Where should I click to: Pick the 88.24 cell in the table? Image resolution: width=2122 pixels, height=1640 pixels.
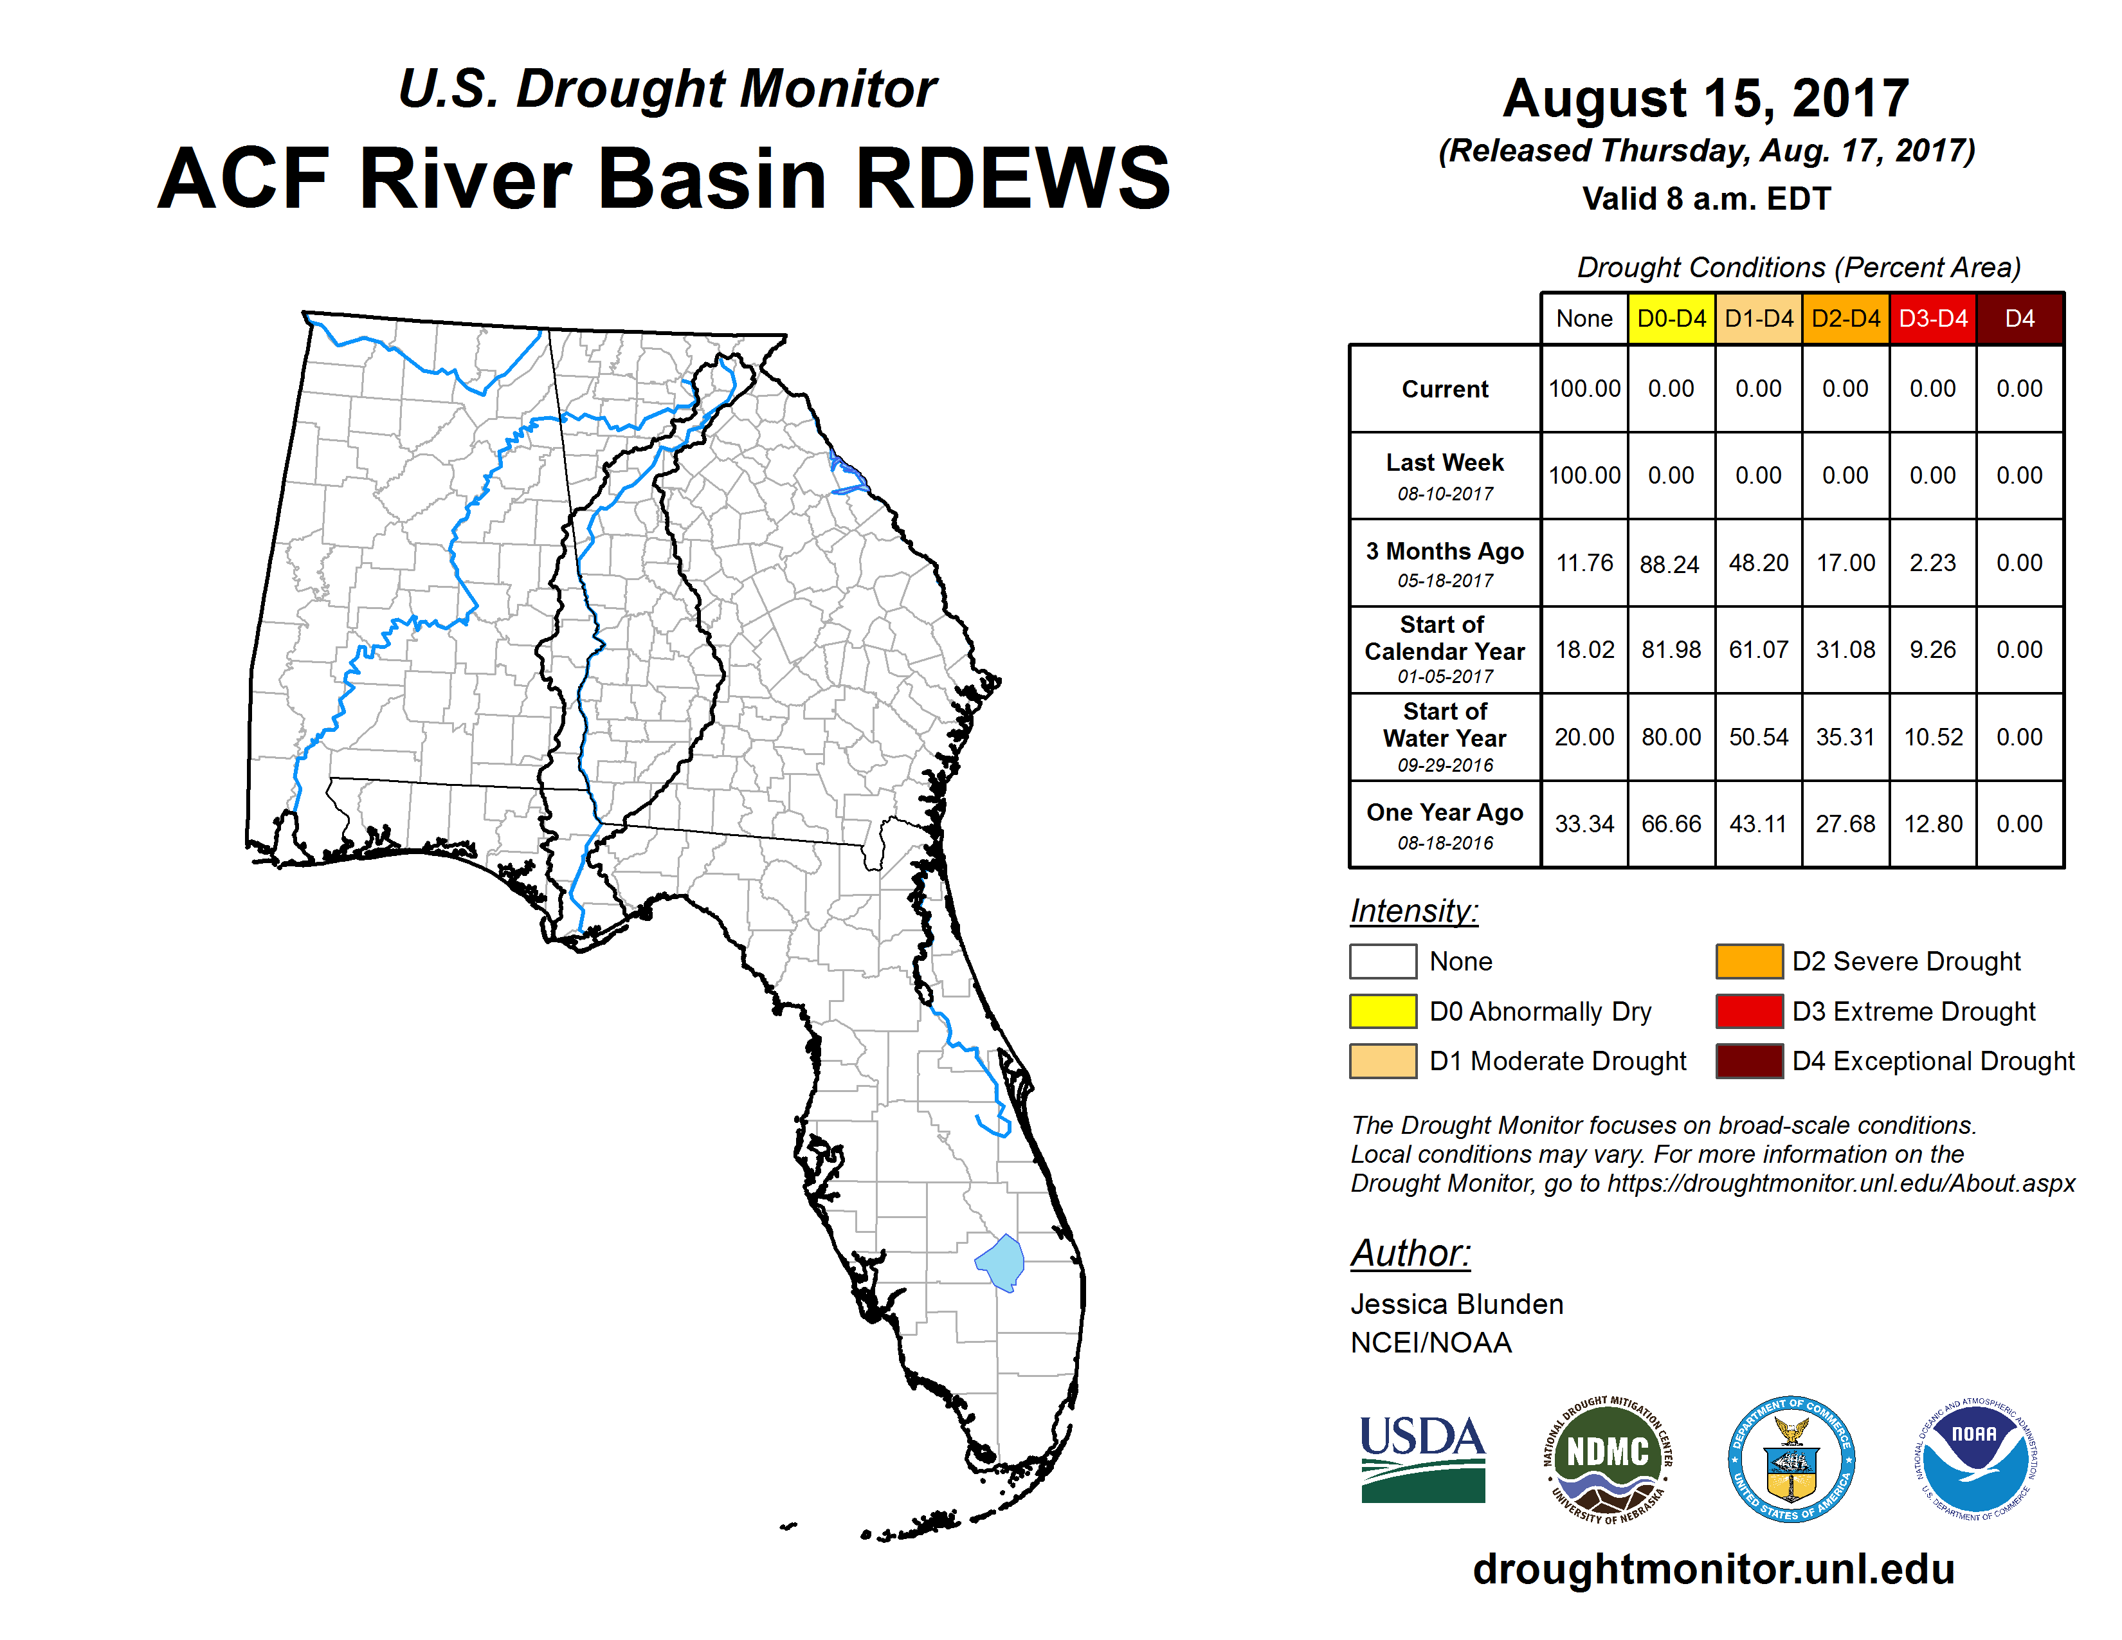click(x=1670, y=563)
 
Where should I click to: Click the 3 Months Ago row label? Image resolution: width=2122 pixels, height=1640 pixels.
click(x=1445, y=552)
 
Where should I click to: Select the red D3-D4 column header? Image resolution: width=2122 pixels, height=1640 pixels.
click(x=1932, y=318)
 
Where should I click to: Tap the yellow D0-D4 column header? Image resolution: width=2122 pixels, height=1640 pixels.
click(x=1671, y=318)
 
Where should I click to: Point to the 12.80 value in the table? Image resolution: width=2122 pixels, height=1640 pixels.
click(x=1932, y=824)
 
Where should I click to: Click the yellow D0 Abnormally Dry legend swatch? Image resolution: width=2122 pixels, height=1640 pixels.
click(x=1383, y=1012)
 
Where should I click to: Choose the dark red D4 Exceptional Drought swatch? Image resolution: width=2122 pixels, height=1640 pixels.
click(x=1749, y=1061)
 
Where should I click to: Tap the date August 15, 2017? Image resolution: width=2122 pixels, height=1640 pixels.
click(x=1706, y=98)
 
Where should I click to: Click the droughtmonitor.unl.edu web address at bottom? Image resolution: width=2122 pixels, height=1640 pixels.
click(x=1714, y=1569)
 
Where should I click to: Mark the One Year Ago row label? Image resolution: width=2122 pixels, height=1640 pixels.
click(x=1445, y=812)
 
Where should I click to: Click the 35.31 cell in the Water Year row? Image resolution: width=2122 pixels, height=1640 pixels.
click(x=1845, y=738)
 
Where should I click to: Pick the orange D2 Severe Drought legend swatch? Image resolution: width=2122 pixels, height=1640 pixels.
click(x=1749, y=961)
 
